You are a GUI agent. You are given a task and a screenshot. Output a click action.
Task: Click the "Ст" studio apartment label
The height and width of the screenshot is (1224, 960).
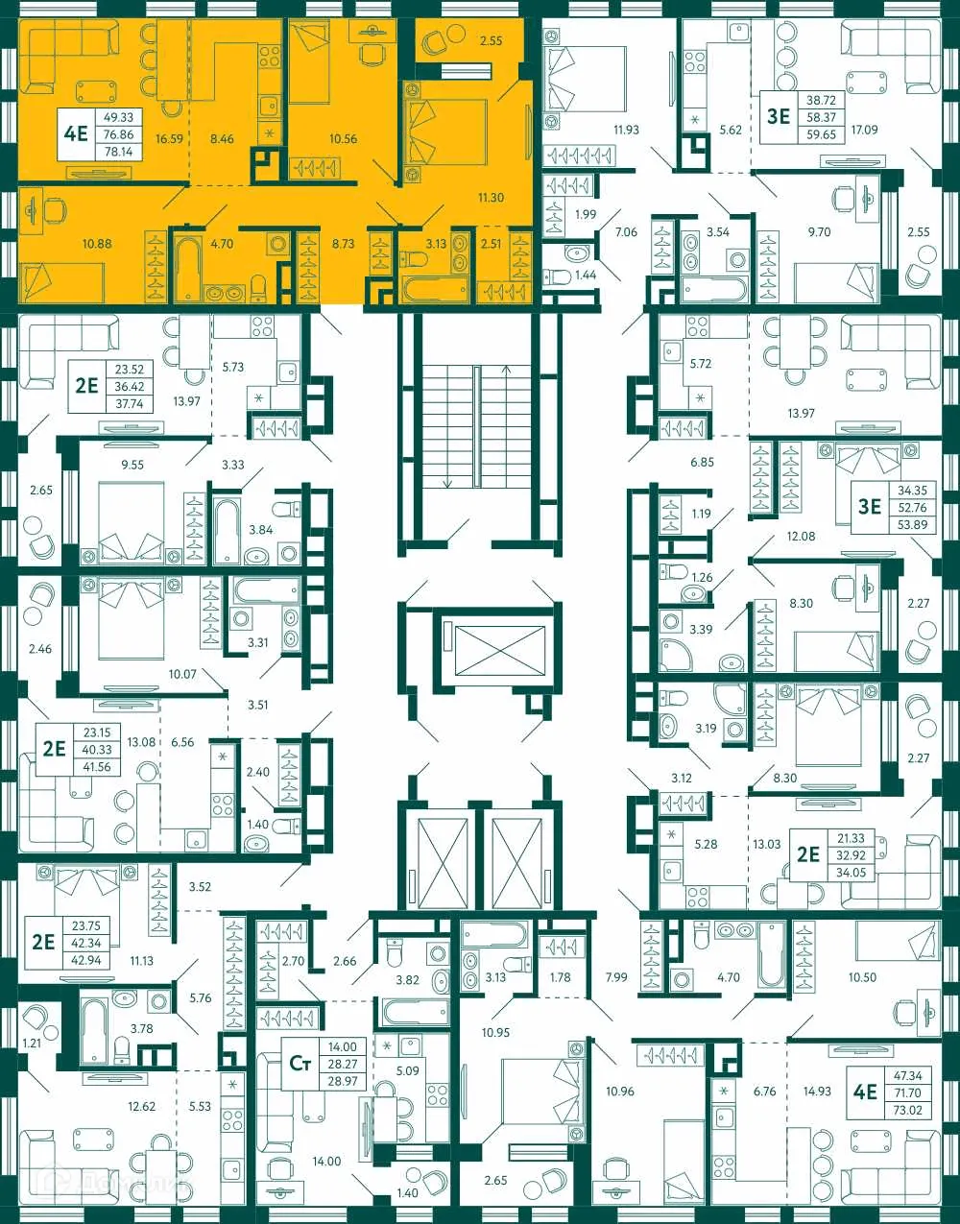(x=300, y=1063)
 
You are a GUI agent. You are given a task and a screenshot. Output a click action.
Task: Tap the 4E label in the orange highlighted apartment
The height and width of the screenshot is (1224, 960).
(x=76, y=133)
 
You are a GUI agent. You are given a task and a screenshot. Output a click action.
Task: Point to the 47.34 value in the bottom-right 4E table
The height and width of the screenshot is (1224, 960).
(x=907, y=1076)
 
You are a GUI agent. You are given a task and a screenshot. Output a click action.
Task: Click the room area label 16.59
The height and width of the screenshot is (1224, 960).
(x=169, y=139)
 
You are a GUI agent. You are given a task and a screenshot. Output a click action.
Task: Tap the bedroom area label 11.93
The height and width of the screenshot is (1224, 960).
(x=626, y=130)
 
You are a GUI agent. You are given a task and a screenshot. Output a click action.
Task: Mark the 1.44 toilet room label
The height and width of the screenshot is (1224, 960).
(x=586, y=276)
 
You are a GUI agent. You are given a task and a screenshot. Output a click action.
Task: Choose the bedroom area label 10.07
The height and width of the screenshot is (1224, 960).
(x=182, y=674)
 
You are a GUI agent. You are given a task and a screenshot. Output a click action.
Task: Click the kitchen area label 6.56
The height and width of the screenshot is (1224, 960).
(x=182, y=742)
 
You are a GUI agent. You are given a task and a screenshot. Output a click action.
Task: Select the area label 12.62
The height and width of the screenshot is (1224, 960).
(x=141, y=1107)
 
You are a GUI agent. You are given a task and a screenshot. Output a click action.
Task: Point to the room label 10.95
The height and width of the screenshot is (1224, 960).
(x=495, y=1033)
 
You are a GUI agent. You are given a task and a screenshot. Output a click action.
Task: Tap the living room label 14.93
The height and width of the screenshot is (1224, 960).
(x=817, y=1092)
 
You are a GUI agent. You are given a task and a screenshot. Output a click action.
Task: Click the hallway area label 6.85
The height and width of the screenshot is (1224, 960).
(x=702, y=462)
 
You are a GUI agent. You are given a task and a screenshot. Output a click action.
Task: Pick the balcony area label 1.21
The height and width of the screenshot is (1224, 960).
(x=33, y=1043)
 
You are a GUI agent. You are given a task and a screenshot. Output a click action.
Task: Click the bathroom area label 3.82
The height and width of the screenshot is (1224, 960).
(x=408, y=980)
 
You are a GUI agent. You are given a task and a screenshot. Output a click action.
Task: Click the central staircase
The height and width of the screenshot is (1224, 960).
(x=475, y=422)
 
